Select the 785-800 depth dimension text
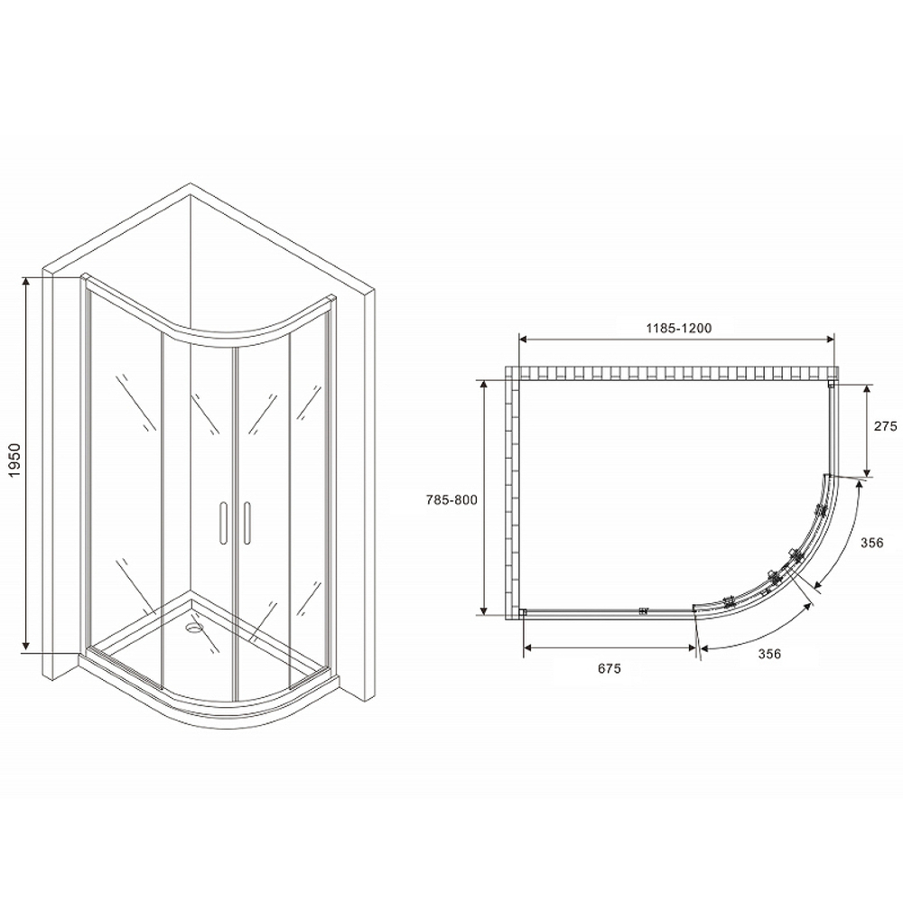[451, 499]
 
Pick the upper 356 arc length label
[871, 542]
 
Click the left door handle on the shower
[220, 523]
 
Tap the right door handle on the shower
[245, 523]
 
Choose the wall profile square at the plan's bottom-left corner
[523, 612]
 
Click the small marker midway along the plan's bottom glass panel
[644, 610]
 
